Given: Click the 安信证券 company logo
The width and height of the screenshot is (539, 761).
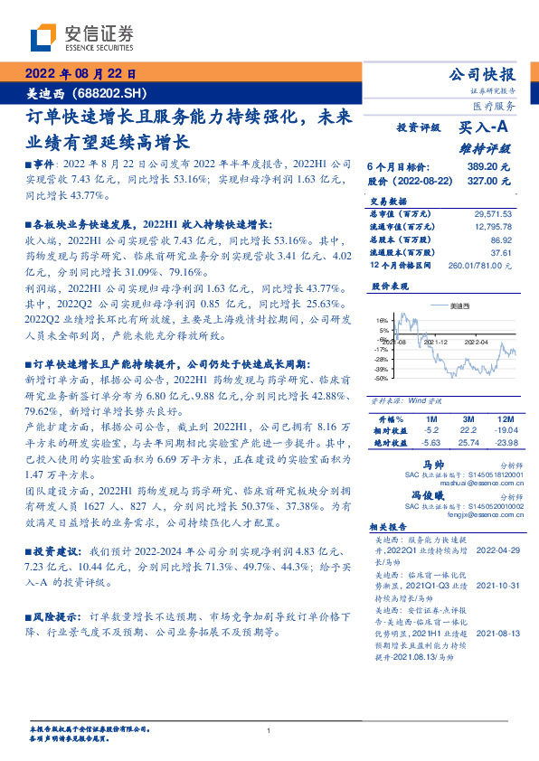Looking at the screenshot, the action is [81, 38].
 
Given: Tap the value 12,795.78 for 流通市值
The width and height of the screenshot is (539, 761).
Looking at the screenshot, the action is [492, 228].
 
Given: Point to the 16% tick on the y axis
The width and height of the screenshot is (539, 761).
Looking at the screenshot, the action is [383, 321].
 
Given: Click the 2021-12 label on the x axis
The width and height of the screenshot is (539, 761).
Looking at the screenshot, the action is [437, 343].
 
